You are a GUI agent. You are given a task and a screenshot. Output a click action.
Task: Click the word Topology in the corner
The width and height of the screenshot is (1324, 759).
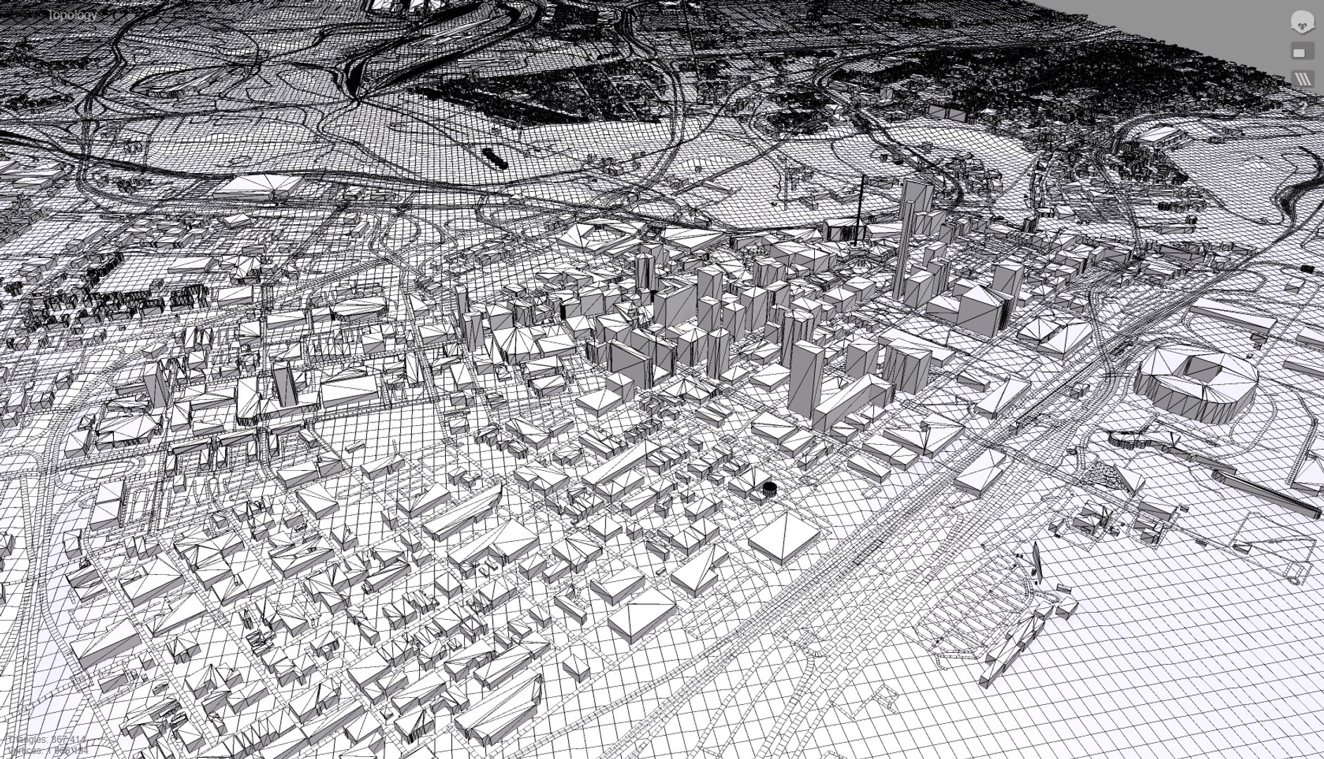pyautogui.click(x=72, y=15)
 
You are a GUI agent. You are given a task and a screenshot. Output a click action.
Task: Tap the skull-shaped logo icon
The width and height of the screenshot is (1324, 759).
pyautogui.click(x=1303, y=22)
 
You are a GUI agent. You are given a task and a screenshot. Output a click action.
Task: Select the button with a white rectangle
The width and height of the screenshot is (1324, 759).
pyautogui.click(x=1302, y=52)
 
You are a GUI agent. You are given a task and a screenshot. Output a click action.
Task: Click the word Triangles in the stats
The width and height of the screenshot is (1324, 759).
pyautogui.click(x=28, y=739)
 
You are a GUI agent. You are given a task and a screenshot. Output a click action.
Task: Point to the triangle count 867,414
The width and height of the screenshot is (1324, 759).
pyautogui.click(x=69, y=739)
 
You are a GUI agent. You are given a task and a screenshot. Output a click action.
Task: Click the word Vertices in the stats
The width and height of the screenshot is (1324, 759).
pyautogui.click(x=25, y=750)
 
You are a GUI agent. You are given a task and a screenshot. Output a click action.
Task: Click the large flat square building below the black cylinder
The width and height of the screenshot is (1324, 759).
pyautogui.click(x=783, y=536)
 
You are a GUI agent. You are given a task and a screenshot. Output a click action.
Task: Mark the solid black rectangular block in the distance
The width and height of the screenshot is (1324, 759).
pyautogui.click(x=494, y=157)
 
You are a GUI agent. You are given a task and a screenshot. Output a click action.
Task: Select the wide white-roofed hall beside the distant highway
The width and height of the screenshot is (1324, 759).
pyautogui.click(x=257, y=186)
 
